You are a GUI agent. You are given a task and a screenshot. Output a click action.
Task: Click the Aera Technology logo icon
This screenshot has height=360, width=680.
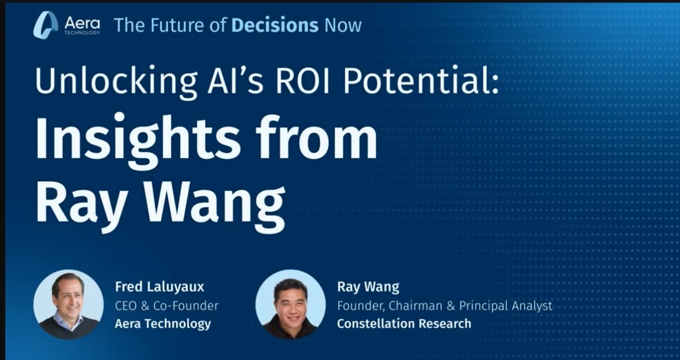tap(45, 25)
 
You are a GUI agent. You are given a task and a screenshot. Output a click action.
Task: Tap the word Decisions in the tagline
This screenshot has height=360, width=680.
tap(275, 25)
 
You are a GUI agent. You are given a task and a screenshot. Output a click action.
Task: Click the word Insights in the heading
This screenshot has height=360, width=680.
tap(137, 138)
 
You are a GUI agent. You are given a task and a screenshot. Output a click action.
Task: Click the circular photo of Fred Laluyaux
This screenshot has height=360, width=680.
tap(69, 304)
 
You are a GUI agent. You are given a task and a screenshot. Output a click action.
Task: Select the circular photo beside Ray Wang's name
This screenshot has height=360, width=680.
tap(290, 304)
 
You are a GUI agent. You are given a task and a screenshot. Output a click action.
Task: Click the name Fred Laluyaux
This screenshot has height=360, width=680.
tap(159, 287)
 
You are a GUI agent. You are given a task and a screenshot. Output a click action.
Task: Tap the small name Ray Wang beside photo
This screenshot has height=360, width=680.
tap(368, 287)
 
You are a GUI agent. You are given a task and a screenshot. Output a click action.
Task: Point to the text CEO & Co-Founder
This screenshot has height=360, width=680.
tap(166, 305)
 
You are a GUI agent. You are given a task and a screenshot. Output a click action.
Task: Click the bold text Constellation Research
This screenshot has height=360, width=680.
tap(404, 323)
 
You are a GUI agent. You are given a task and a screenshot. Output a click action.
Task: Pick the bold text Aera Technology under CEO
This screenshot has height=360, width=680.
tap(162, 323)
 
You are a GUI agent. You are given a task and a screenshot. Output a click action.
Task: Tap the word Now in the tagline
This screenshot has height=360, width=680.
tap(343, 26)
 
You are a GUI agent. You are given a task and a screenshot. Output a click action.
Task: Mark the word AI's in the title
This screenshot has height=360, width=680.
tap(235, 81)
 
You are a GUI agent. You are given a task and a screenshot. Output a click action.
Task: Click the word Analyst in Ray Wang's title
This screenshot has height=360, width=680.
tap(532, 306)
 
